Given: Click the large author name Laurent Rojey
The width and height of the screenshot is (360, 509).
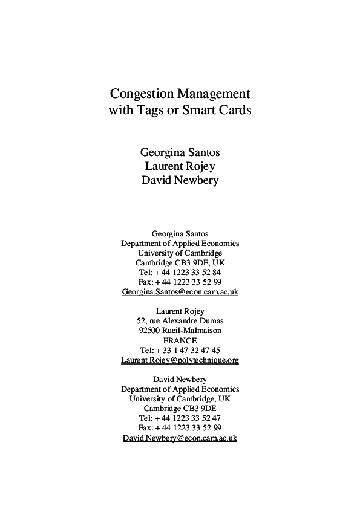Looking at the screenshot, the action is point(180,166).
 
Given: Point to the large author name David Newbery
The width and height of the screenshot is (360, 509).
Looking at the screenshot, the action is point(180,181).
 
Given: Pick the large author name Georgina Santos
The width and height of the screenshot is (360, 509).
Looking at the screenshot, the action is point(180,151).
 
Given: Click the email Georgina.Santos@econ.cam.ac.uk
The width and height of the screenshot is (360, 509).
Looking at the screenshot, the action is point(180,291).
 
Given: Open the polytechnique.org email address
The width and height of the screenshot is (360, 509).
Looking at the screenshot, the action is point(180,360).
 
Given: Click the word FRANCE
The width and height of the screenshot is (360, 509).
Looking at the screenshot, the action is point(180,340).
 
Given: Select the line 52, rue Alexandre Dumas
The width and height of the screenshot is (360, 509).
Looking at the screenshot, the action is point(180,321).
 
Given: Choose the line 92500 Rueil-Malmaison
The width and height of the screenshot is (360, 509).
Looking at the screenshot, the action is point(180,331).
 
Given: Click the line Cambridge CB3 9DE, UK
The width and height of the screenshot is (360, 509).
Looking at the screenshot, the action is point(180,262).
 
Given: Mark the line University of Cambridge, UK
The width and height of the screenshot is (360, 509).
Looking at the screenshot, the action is point(180,398).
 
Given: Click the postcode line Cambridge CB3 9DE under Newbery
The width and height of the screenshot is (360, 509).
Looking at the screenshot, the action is point(180,408).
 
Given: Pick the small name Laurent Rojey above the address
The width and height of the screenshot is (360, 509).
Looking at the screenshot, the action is point(180,311).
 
